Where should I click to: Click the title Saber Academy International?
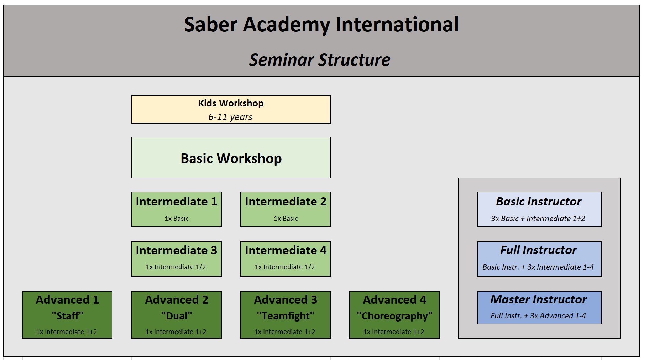pos(321,25)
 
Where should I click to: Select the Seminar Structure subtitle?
pos(319,59)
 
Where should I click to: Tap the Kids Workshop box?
pos(231,110)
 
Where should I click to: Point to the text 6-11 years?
pos(230,117)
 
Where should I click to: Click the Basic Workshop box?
pos(231,158)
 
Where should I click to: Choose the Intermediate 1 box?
pos(176,209)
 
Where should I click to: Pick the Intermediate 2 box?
pos(286,209)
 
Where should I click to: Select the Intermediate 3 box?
pos(176,259)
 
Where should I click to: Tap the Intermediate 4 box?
pos(286,259)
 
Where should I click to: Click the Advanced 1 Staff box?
pos(67,315)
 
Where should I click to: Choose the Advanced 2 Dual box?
pos(176,315)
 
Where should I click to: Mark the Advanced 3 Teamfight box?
pos(286,315)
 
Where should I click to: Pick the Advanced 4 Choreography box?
pos(394,315)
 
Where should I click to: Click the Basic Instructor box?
pos(539,209)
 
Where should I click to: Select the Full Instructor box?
pos(539,259)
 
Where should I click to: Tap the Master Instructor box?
pos(539,308)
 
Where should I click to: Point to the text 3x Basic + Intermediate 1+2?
pos(538,219)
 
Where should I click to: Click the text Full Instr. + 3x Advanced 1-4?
pos(538,316)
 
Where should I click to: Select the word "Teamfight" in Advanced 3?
pos(286,316)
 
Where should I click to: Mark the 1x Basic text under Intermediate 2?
pos(286,219)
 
